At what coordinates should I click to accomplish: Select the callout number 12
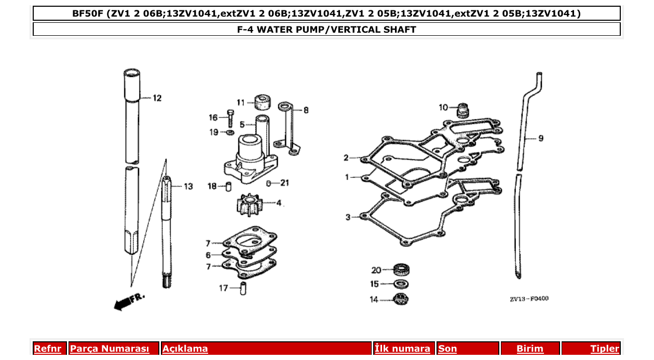157,98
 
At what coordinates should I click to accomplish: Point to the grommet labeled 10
462,109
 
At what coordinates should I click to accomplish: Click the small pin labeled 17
242,288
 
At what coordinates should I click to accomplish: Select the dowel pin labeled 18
228,186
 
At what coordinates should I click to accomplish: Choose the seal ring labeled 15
400,284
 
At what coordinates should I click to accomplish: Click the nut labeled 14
400,299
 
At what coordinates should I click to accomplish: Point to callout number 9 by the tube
540,138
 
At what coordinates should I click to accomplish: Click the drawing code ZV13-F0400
528,299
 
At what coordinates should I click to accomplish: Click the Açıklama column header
185,349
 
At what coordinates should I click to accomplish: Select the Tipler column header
604,349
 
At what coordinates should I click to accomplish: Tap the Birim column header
529,349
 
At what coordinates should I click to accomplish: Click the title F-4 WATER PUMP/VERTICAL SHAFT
326,30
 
